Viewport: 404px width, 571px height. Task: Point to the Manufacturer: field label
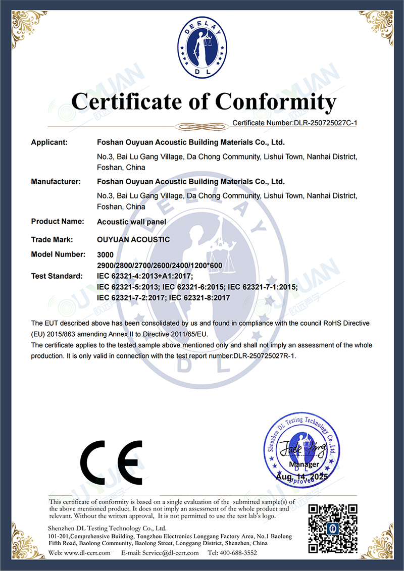click(x=56, y=181)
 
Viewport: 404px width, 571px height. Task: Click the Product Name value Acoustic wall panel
click(x=131, y=221)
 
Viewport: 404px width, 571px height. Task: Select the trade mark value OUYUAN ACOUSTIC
click(x=133, y=239)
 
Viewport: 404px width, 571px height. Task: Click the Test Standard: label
click(x=57, y=276)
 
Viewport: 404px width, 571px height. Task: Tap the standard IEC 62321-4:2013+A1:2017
click(x=145, y=276)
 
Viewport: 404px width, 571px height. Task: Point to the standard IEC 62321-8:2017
click(x=199, y=298)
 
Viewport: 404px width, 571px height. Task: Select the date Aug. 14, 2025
click(x=302, y=476)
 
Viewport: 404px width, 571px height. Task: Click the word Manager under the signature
click(x=304, y=464)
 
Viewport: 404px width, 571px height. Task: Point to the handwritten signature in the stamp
click(x=297, y=448)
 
